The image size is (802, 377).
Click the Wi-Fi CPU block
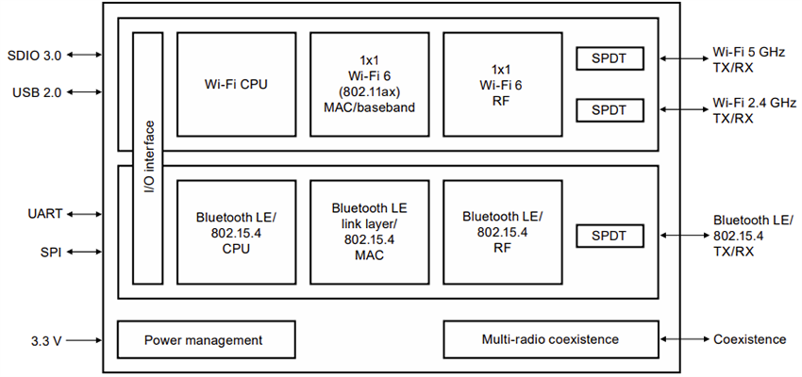tap(236, 85)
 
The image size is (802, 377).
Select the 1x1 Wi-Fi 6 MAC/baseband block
tap(368, 85)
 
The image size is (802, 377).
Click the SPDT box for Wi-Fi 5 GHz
tap(609, 59)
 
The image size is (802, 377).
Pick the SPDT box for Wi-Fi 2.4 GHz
tap(609, 110)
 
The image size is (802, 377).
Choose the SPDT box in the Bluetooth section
tap(609, 235)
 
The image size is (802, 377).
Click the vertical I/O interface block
tap(148, 157)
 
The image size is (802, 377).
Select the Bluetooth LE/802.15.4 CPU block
tap(236, 231)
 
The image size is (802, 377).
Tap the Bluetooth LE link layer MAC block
tap(368, 231)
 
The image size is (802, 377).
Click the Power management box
tap(203, 339)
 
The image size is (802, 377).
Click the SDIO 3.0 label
tap(35, 56)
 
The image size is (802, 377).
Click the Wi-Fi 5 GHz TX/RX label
tap(747, 59)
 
